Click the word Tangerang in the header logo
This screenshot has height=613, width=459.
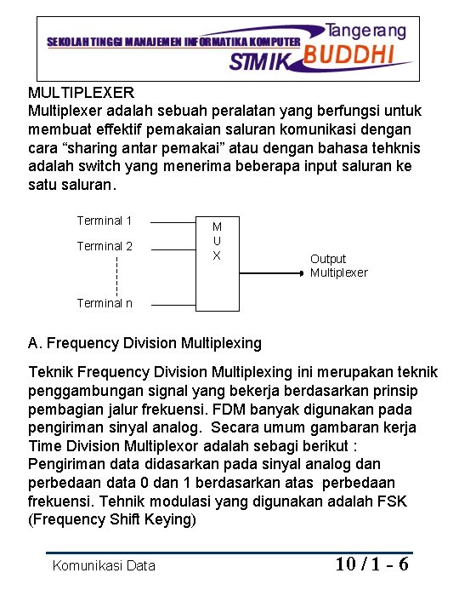[366, 30]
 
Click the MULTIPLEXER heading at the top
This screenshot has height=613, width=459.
[82, 92]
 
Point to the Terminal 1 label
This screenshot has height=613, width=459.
[105, 221]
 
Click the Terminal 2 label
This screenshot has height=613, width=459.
[105, 246]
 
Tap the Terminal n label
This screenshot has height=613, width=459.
[105, 303]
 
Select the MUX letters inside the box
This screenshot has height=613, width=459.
[217, 241]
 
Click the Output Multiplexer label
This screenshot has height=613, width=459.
[338, 266]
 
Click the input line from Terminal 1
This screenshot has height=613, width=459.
[173, 223]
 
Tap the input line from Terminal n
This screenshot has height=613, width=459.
[173, 303]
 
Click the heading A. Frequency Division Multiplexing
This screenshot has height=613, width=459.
[144, 344]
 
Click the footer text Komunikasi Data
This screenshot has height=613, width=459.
[104, 565]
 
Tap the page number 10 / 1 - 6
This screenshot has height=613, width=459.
[372, 564]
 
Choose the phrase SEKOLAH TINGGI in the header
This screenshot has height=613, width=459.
[85, 42]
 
